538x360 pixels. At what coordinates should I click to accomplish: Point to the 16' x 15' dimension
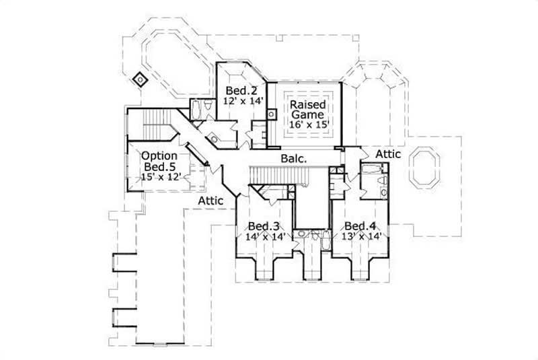coord(308,125)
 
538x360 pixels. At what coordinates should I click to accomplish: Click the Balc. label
coord(294,159)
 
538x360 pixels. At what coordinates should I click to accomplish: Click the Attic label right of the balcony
coord(388,154)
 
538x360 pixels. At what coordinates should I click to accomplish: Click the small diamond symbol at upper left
coord(140,79)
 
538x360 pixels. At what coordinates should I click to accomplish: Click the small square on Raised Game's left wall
coord(272,113)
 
